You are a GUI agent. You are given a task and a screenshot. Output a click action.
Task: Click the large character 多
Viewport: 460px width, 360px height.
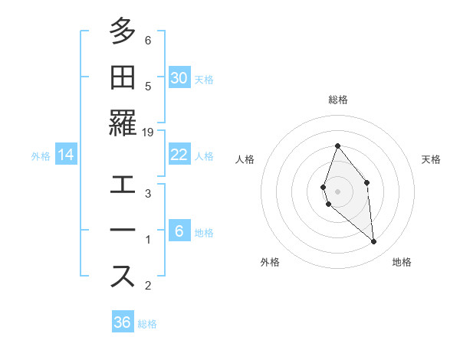click(x=123, y=32)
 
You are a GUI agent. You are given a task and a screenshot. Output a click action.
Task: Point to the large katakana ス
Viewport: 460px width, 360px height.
click(x=123, y=277)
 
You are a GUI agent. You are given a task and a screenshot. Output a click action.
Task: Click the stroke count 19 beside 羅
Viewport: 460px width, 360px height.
click(x=148, y=133)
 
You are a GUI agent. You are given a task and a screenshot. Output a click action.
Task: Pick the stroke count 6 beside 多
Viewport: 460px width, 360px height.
click(x=148, y=41)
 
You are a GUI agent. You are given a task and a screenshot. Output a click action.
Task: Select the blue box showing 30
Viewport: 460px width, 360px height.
click(x=179, y=77)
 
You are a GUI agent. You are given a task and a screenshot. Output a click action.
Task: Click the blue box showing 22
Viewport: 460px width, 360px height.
click(x=179, y=155)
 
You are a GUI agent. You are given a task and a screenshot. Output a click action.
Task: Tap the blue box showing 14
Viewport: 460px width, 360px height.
click(x=66, y=155)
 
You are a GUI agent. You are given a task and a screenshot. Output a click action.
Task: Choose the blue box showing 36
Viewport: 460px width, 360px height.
click(x=123, y=322)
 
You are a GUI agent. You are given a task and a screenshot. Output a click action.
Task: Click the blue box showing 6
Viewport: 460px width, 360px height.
click(x=179, y=231)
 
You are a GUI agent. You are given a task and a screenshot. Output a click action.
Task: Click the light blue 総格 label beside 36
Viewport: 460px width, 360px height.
click(x=147, y=324)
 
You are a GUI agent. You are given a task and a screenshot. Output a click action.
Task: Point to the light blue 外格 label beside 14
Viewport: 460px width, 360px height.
click(x=41, y=155)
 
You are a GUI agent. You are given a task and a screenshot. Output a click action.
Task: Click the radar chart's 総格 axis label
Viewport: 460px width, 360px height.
click(x=337, y=100)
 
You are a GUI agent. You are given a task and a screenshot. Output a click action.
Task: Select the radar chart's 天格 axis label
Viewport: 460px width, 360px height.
click(x=431, y=159)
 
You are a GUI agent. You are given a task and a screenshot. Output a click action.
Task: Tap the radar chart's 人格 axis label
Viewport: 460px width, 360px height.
click(x=245, y=159)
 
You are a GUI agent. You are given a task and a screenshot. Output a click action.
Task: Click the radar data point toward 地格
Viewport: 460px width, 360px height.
click(x=374, y=242)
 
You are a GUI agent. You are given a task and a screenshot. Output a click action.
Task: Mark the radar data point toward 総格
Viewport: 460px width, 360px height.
click(x=337, y=146)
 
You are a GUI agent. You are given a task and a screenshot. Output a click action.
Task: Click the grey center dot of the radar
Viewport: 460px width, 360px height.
click(x=337, y=191)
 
